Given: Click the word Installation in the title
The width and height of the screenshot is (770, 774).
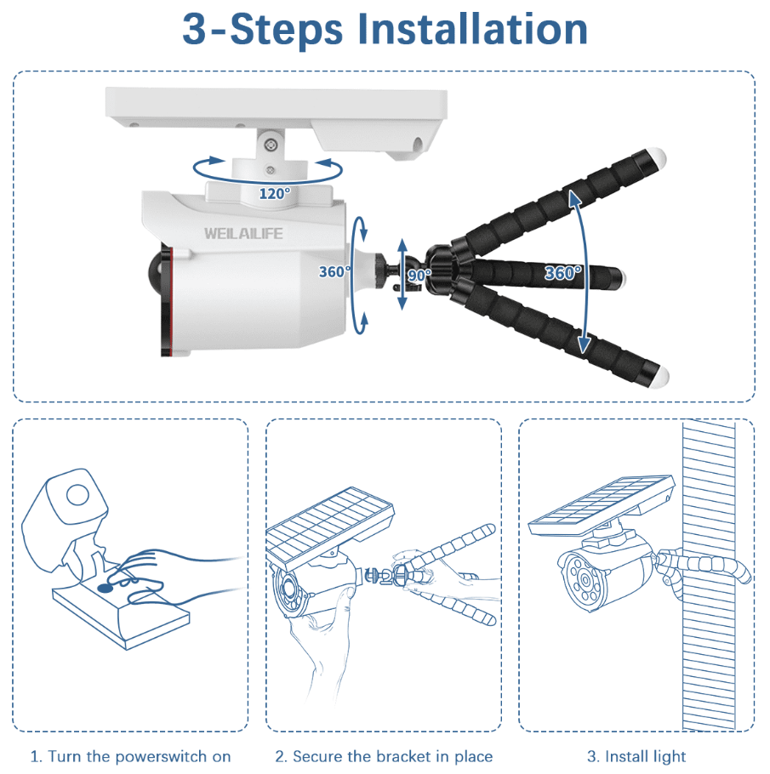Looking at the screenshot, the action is coord(473,29).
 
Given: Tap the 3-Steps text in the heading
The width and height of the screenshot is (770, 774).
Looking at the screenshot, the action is coord(262,30).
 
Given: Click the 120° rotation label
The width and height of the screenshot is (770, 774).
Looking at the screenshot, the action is coord(275,194).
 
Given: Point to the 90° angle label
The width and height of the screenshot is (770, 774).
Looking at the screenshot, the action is coord(419,275).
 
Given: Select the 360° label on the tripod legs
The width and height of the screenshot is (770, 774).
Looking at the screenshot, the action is coord(562,272).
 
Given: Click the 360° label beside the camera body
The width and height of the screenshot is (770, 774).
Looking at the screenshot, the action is coord(334,271).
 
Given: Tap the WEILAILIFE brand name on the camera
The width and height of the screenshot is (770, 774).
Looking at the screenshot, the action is coord(243,234).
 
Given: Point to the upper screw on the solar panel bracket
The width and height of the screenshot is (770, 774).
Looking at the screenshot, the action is coord(271,144).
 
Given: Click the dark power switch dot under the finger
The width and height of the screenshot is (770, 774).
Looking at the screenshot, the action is coord(105,588).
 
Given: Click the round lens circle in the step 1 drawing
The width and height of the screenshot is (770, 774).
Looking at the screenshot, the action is coord(77,495).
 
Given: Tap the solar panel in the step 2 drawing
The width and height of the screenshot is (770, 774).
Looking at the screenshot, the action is coord(329,525).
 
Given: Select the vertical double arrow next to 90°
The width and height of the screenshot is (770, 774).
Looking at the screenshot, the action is coord(402,274).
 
